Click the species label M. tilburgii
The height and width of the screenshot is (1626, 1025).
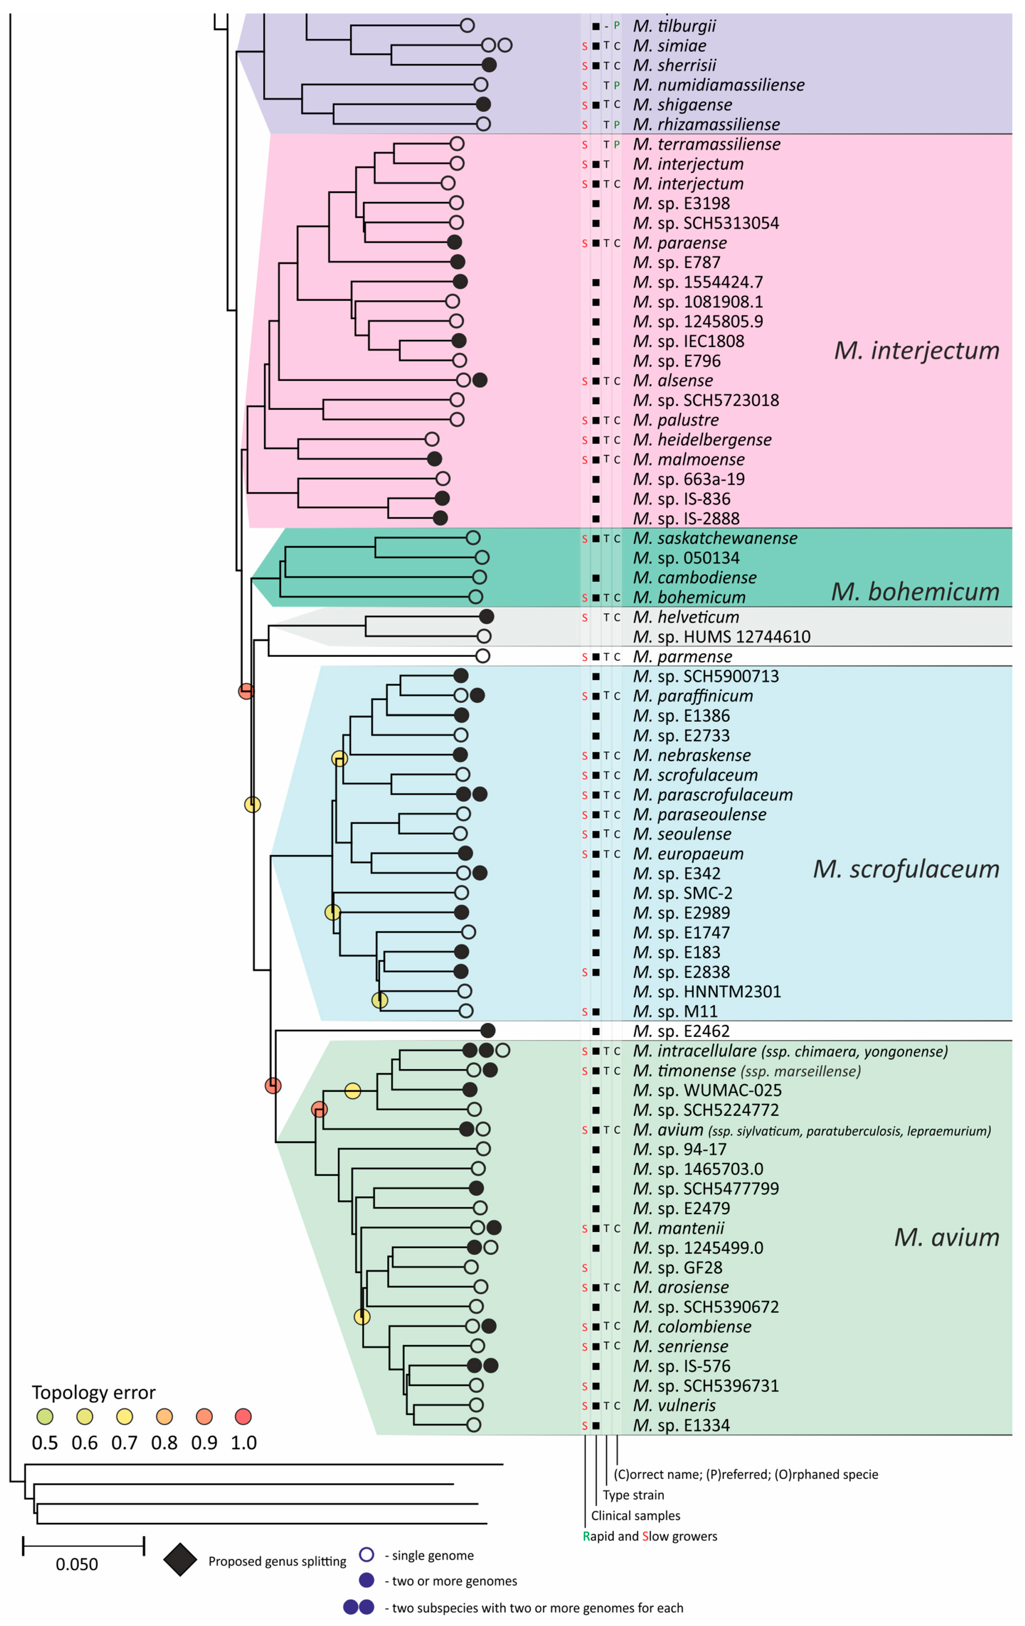coord(674,26)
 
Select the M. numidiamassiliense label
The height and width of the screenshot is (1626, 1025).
coord(718,85)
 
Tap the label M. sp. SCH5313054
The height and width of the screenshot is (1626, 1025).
coord(705,224)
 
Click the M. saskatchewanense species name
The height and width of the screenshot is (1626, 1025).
coord(714,538)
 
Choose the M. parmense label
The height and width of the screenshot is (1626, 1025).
coord(682,656)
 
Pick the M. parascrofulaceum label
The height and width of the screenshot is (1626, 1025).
coord(712,795)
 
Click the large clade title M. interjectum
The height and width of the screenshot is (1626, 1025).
coord(916,350)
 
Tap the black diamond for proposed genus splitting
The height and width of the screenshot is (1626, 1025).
coord(180,1559)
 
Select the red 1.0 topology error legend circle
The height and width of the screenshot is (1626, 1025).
coord(243,1416)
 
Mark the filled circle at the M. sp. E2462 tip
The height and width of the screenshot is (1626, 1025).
coord(488,1030)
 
